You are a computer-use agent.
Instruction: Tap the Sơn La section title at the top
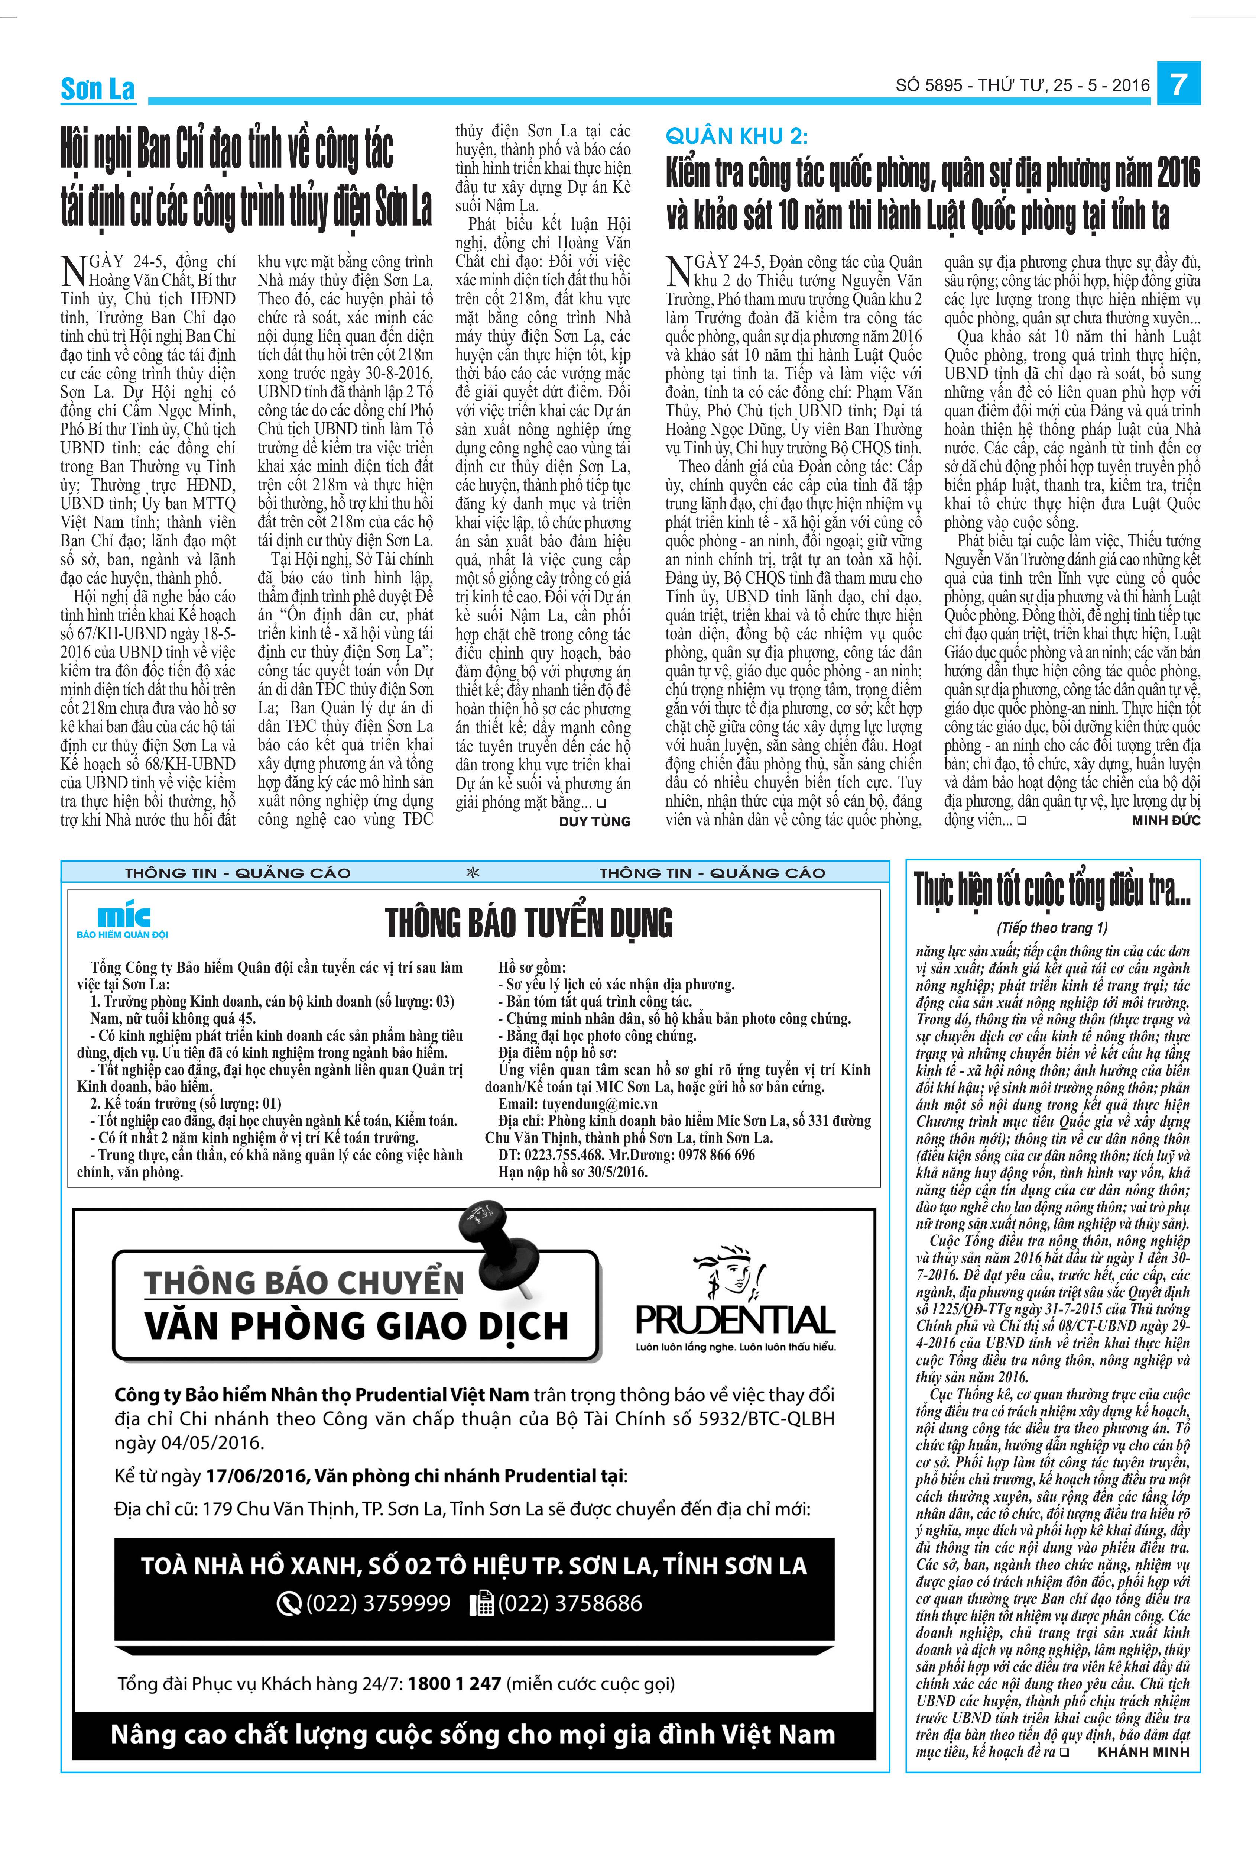(x=98, y=89)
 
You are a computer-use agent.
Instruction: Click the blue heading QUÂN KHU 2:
(x=736, y=137)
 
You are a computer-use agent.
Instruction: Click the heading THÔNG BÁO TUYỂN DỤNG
(x=528, y=923)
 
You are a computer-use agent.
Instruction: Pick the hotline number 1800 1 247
(x=454, y=1683)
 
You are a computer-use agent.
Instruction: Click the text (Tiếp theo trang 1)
(x=1052, y=928)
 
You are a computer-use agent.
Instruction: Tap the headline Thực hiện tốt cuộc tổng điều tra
(x=1052, y=891)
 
